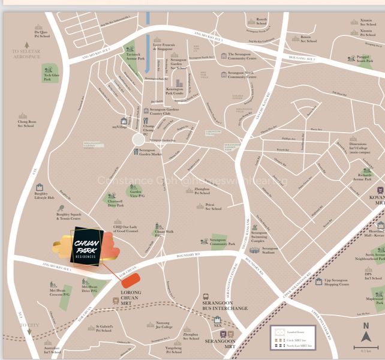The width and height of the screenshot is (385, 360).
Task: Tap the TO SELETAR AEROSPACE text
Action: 26,55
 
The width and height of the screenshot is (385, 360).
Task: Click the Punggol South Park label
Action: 364,59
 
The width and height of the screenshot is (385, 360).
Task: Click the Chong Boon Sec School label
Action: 27,124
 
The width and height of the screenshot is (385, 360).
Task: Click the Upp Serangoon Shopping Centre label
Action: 336,283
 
